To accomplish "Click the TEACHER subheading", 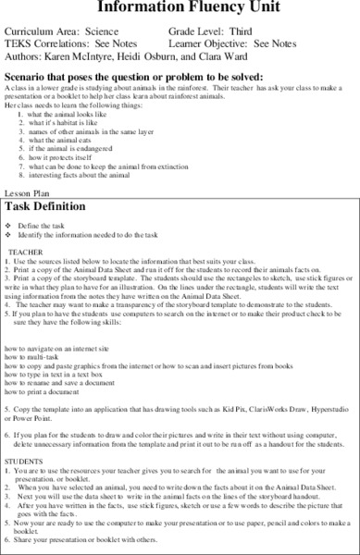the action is [x=30, y=253].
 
